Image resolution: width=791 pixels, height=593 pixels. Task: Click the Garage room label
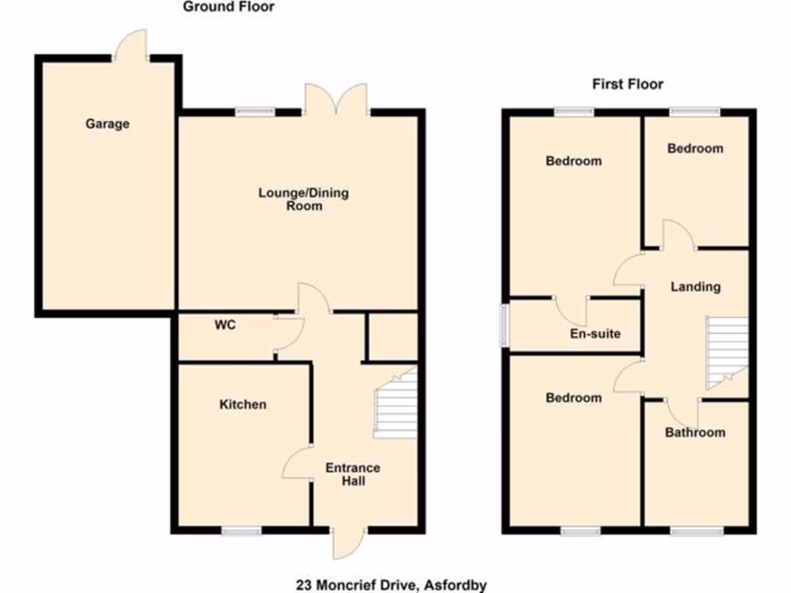[x=107, y=124]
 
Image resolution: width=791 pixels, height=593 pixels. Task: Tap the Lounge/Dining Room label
[x=303, y=199]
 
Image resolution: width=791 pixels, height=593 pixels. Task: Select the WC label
[x=225, y=325]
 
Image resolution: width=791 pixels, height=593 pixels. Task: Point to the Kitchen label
[x=243, y=405]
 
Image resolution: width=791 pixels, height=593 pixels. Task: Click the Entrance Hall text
[x=352, y=474]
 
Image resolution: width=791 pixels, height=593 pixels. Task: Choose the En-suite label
[x=596, y=334]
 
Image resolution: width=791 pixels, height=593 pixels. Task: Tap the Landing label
[x=695, y=286]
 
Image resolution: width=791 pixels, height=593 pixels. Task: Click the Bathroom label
[x=695, y=432]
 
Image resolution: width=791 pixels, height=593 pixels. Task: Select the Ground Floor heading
[x=229, y=7]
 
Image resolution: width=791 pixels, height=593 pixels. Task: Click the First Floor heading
[x=627, y=84]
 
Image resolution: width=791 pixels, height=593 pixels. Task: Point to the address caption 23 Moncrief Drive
[x=392, y=585]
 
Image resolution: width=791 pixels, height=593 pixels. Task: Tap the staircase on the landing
[x=727, y=353]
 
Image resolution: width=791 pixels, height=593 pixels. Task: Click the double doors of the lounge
[x=335, y=102]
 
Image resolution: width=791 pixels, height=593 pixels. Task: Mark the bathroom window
[x=695, y=530]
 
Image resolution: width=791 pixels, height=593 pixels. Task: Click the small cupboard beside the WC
[x=391, y=337]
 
